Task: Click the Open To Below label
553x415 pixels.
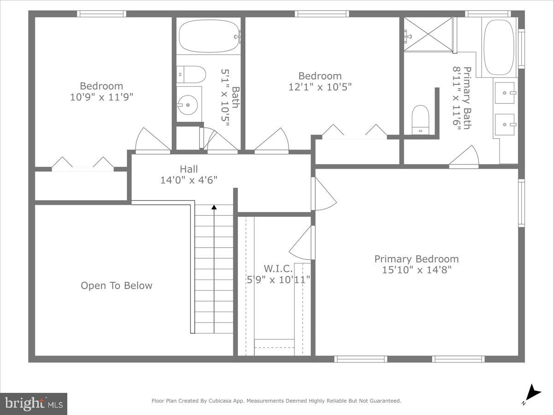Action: point(116,285)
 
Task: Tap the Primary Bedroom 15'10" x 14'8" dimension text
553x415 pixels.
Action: point(416,270)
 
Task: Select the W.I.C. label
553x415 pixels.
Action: point(278,268)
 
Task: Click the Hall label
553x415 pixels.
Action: point(189,169)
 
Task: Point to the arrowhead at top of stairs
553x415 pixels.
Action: point(214,207)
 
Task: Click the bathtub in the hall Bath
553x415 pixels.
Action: point(208,36)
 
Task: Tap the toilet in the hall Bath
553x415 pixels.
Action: point(191,74)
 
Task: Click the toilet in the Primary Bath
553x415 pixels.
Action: point(420,119)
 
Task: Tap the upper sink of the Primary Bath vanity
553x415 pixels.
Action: point(505,93)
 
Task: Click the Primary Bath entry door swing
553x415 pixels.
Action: point(465,157)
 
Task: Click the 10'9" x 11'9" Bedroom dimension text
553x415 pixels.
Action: point(101,97)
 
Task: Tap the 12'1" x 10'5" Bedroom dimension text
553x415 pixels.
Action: point(320,87)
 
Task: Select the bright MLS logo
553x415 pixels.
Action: point(34,404)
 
